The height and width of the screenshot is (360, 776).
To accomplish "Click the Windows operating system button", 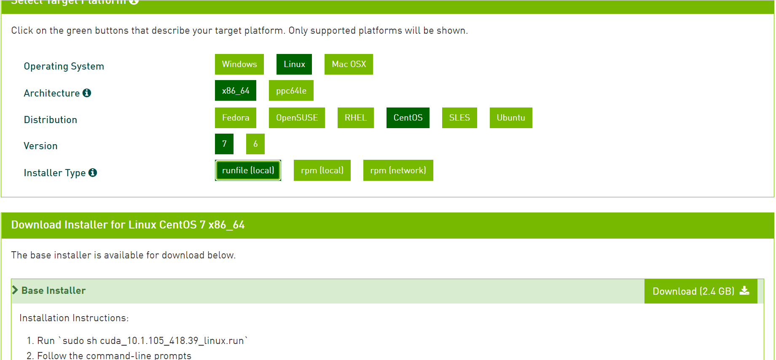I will pos(239,64).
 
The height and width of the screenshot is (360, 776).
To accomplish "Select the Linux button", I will pos(294,64).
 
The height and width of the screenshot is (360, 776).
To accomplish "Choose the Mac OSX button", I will pos(349,64).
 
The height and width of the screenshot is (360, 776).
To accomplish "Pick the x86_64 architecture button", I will pos(235,91).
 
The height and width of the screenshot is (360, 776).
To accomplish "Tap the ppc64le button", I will pos(291,91).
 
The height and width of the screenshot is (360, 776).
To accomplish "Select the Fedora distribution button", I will pos(235,118).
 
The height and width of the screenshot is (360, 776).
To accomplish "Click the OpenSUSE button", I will pos(297,118).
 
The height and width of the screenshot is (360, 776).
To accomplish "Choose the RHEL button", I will pos(355,118).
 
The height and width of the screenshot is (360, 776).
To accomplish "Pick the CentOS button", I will pos(408,118).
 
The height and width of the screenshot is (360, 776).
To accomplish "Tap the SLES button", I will pos(459,118).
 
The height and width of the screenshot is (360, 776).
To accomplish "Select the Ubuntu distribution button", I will pos(510,118).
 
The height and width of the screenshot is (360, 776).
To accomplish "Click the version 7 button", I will pos(224,144).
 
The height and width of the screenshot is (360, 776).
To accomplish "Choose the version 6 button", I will pos(255,144).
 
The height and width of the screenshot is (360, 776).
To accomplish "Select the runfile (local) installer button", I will pos(248,170).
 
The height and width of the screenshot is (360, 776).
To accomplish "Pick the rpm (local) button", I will pos(322,170).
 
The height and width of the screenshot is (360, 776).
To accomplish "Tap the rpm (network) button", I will pos(398,170).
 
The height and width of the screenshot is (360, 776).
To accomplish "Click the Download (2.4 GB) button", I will pos(701,291).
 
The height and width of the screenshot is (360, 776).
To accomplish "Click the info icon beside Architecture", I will pos(87,93).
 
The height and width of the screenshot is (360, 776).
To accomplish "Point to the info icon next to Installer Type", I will pos(93,172).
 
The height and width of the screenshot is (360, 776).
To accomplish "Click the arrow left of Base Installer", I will pos(15,290).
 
